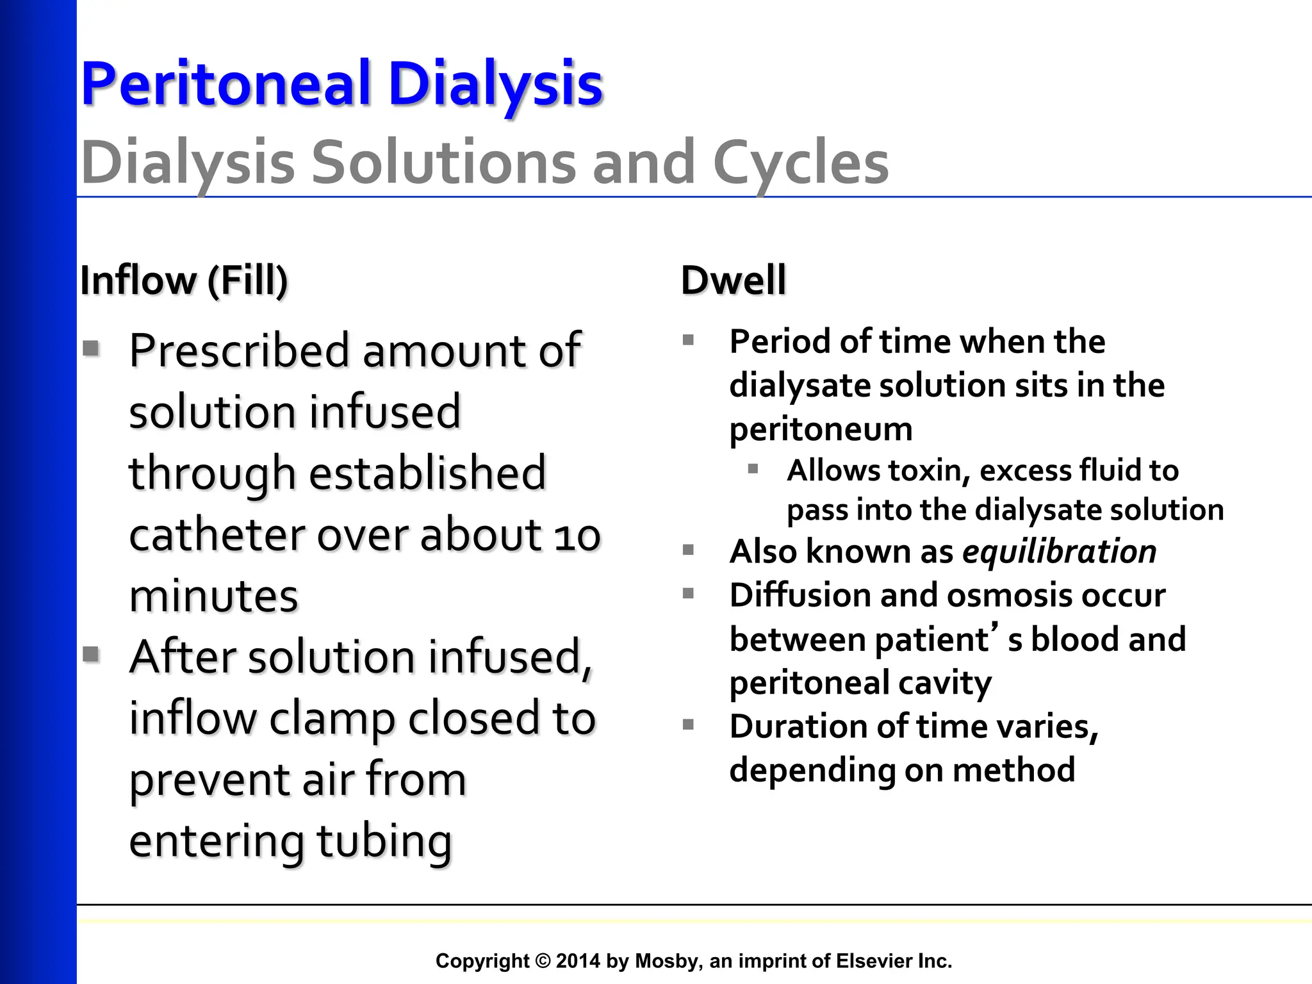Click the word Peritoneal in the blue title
226,85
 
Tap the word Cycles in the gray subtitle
801,163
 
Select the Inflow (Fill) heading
184,281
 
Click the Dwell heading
733,281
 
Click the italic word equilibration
1060,552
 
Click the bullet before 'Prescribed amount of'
92,348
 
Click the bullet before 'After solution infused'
92,654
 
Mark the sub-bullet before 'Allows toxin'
753,470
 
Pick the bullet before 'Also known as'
689,550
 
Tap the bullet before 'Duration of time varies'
689,725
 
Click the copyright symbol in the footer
543,961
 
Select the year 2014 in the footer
578,961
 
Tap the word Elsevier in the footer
872,961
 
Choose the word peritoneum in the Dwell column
821,429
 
